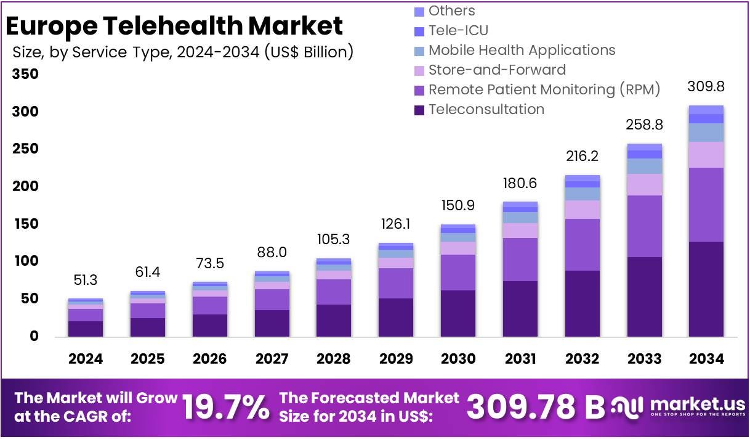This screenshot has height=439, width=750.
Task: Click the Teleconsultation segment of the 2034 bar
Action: tap(706, 289)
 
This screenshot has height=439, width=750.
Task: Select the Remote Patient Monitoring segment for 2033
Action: tap(644, 226)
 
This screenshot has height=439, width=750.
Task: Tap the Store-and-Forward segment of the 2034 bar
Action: tap(706, 154)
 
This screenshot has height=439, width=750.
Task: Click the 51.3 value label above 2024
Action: tap(86, 280)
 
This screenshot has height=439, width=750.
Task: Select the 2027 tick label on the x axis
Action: tap(272, 358)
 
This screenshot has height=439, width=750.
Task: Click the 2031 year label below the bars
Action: tap(520, 358)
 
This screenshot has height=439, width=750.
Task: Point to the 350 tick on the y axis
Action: tap(25, 75)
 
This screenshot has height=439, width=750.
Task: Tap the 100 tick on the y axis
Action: tap(25, 261)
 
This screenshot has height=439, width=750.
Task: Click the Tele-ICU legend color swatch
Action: tap(419, 31)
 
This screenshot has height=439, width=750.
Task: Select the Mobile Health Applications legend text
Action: tap(522, 50)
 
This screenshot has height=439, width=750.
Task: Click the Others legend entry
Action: tap(451, 10)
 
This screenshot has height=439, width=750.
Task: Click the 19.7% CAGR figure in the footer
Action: tap(226, 406)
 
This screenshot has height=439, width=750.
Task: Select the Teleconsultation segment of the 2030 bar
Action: tap(458, 313)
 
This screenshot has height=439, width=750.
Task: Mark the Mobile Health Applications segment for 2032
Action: tap(582, 194)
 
